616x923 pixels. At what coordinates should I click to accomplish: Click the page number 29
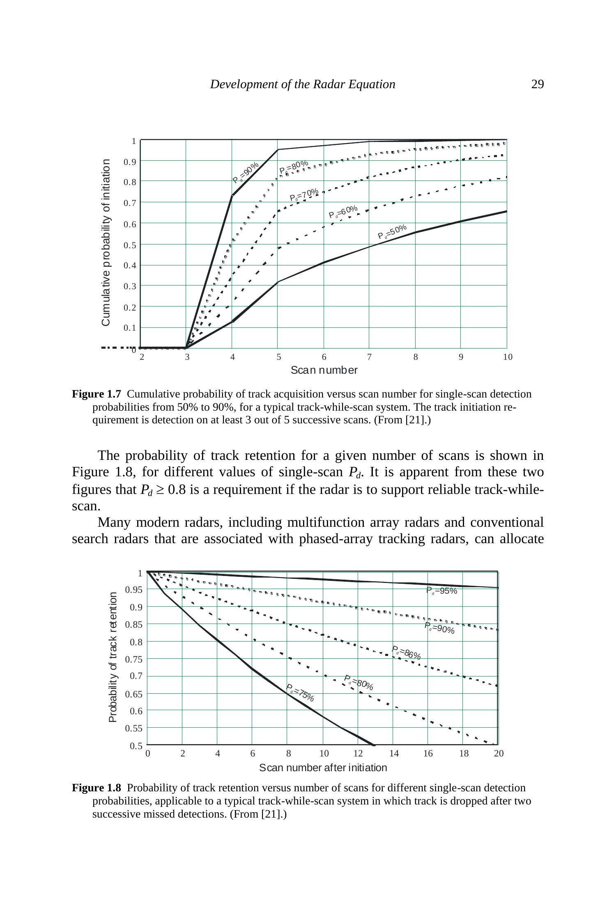[x=537, y=84]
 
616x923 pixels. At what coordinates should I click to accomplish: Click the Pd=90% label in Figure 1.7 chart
[x=246, y=172]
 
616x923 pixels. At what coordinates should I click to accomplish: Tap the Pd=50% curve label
[x=392, y=232]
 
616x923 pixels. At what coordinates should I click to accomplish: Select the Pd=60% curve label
[x=343, y=212]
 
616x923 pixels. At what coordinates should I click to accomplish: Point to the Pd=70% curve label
[x=304, y=194]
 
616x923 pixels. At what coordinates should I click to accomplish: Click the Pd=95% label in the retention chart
[x=441, y=591]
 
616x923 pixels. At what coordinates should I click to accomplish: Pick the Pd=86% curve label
[x=406, y=653]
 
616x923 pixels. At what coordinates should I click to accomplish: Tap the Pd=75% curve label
[x=300, y=692]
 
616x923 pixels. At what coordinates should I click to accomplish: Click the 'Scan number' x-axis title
[x=324, y=370]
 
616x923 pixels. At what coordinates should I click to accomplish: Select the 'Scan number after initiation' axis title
[x=323, y=768]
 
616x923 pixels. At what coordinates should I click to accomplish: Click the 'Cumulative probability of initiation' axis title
[x=106, y=242]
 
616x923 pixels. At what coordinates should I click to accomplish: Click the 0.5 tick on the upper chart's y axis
[x=130, y=245]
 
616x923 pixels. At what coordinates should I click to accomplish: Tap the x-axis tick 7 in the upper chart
[x=369, y=357]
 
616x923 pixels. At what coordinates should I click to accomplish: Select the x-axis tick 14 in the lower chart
[x=394, y=753]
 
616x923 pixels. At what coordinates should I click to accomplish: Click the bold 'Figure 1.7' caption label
[x=97, y=394]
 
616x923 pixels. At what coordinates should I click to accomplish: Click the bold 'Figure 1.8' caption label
[x=97, y=788]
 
